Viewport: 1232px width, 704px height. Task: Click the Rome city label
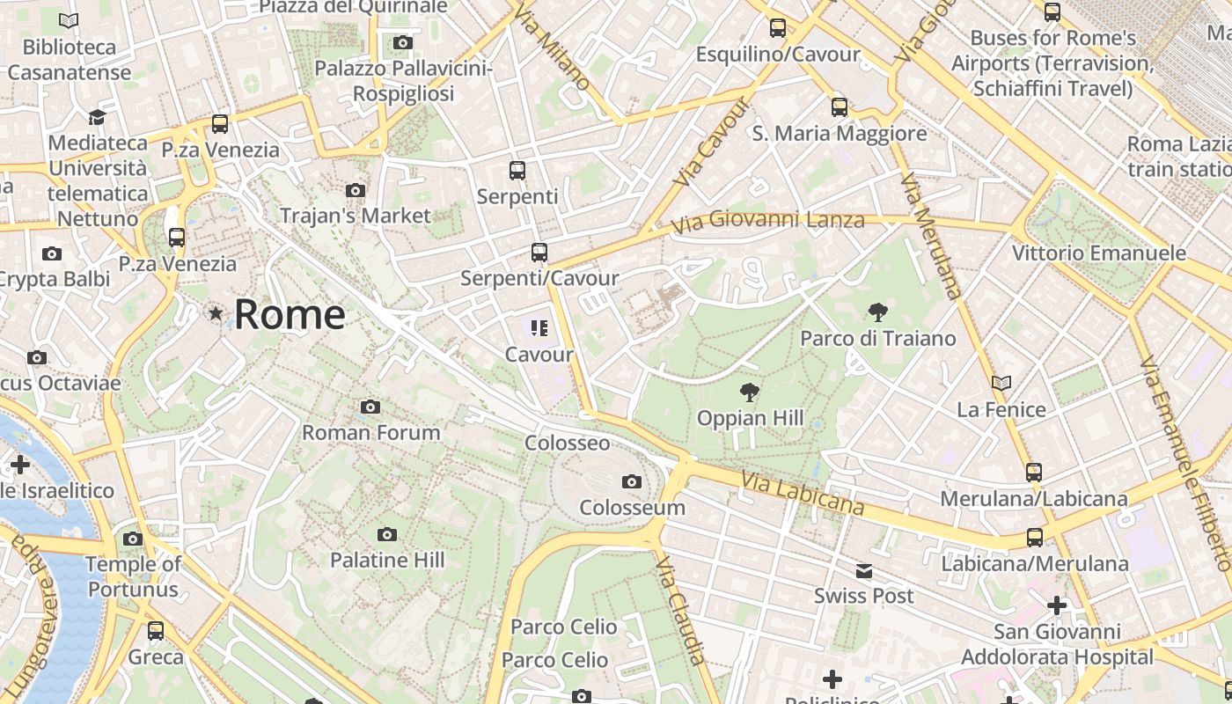(x=290, y=314)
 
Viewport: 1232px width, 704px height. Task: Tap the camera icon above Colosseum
(x=631, y=481)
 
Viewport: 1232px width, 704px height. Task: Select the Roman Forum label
(x=370, y=432)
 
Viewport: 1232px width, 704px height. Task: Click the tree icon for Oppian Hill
(x=750, y=392)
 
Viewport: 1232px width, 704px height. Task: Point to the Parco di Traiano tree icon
(x=877, y=312)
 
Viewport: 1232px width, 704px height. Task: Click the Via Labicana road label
(x=802, y=493)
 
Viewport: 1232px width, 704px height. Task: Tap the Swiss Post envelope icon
(x=864, y=571)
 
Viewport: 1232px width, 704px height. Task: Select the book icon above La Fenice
(x=1001, y=383)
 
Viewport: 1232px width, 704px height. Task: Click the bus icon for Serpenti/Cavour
(x=539, y=253)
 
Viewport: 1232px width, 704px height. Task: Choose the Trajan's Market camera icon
(x=356, y=190)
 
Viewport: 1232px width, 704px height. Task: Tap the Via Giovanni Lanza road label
(x=767, y=221)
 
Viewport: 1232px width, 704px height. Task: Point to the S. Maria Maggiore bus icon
(x=840, y=107)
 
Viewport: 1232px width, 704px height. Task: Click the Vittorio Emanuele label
(x=1098, y=253)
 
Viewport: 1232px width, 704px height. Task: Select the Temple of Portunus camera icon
(x=133, y=539)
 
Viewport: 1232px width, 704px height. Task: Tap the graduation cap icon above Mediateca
(x=97, y=117)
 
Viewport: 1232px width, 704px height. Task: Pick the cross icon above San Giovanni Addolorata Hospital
(x=1057, y=605)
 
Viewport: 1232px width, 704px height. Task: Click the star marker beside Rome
(x=216, y=313)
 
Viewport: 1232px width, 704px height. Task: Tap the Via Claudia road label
(x=681, y=610)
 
